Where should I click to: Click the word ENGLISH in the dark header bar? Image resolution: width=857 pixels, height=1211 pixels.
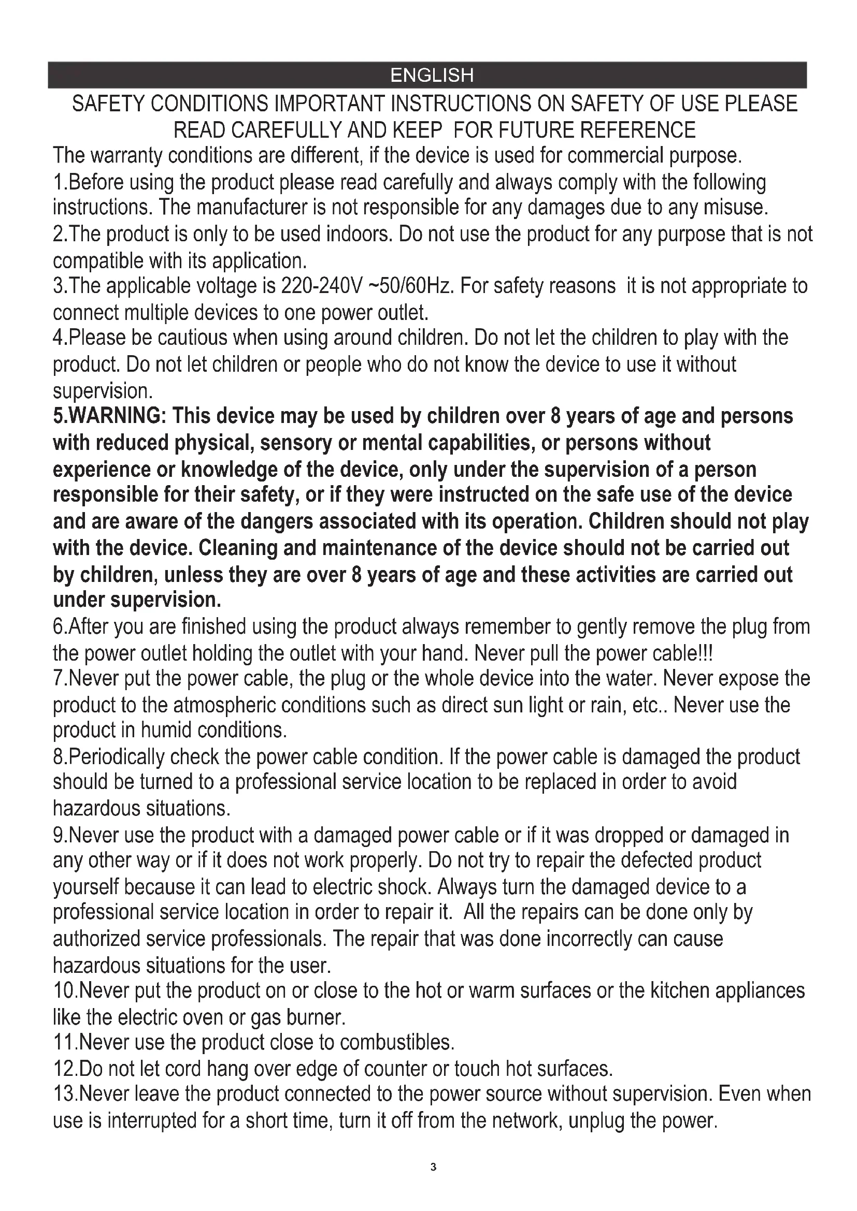point(432,76)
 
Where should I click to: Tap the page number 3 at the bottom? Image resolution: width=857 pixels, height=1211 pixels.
point(433,1166)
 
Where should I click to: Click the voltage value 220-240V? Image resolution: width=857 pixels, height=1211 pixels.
point(322,286)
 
